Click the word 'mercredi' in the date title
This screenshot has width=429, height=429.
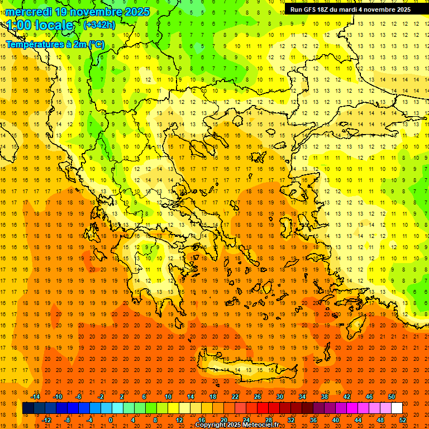tap(28, 12)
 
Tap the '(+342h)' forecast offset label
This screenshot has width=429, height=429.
tap(99, 25)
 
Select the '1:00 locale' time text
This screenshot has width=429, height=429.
tap(40, 25)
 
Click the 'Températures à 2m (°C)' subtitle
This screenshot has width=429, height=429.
tap(55, 44)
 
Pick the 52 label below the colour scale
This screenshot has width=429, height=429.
tap(403, 420)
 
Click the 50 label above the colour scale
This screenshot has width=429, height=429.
tap(392, 397)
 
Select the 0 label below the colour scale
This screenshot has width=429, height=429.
tap(110, 420)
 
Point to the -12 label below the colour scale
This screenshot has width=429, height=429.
tap(46, 420)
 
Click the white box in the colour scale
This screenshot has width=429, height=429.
tap(397, 408)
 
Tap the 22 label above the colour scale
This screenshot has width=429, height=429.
tap(235, 397)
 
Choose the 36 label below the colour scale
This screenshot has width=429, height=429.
tap(313, 420)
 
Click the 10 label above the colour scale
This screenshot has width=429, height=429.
tap(168, 397)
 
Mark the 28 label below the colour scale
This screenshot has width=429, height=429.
tap(269, 420)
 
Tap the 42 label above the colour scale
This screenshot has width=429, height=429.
tap(347, 397)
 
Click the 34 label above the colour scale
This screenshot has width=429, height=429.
tap(302, 397)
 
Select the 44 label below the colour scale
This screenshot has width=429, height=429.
tap(358, 420)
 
